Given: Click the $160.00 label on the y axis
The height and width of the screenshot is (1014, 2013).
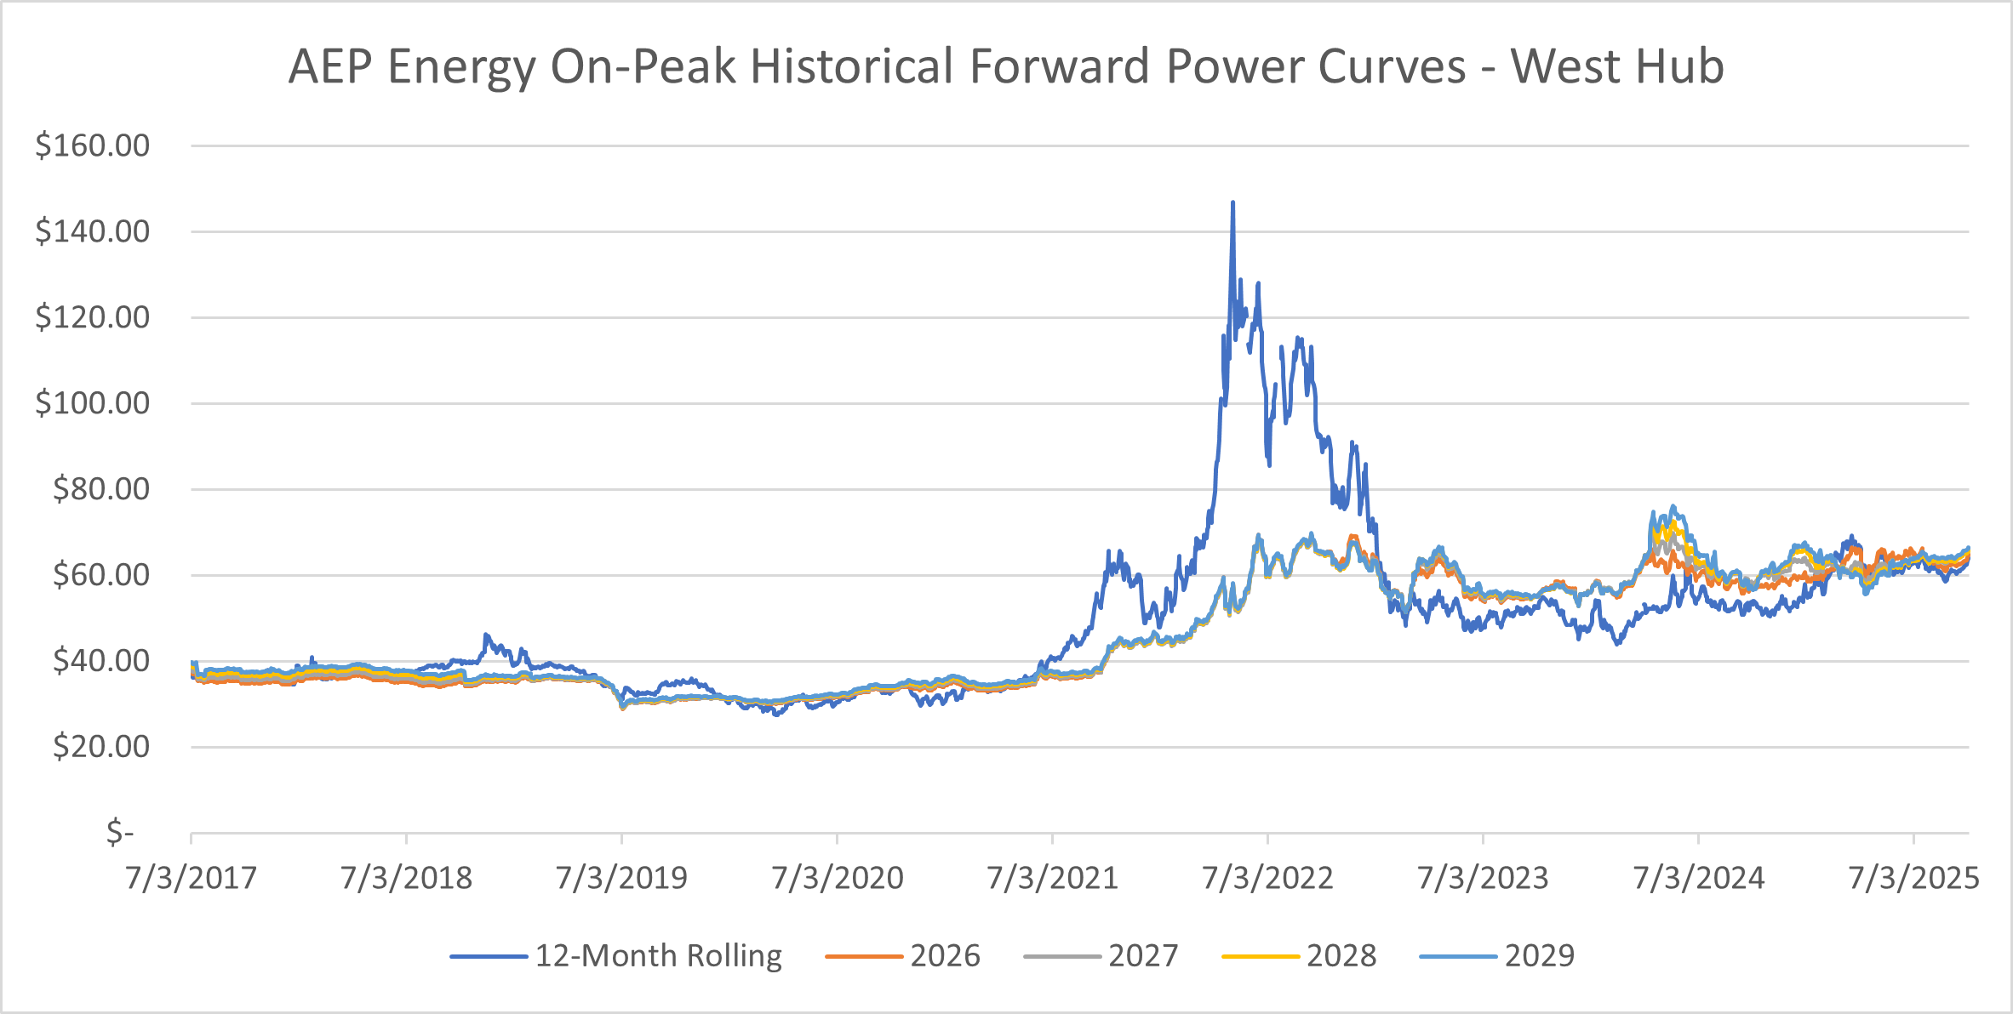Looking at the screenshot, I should [x=92, y=145].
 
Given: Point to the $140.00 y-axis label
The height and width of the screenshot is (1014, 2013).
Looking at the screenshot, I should [x=92, y=231].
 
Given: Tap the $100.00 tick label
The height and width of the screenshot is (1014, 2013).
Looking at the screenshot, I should [x=92, y=403].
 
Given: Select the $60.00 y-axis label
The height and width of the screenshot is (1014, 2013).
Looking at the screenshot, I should [x=100, y=575].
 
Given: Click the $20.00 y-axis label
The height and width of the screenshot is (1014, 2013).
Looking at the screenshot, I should [x=100, y=747].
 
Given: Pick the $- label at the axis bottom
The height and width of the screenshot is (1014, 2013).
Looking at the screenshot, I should [x=120, y=832].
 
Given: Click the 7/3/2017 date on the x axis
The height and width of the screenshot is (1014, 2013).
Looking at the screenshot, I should [x=191, y=878].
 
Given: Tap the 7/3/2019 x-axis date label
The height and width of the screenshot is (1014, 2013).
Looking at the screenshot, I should [x=621, y=878].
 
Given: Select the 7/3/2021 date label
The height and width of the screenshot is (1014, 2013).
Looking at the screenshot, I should [x=1052, y=878].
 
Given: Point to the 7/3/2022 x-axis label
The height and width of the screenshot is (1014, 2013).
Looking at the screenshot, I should [x=1267, y=878].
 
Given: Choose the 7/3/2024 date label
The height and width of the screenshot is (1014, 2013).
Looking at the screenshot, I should [x=1698, y=878].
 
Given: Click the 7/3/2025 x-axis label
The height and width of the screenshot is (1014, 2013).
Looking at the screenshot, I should [x=1913, y=878].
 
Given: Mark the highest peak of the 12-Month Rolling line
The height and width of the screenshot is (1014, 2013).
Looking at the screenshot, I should [x=1232, y=202].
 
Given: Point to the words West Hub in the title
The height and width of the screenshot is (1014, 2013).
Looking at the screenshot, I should [x=1617, y=66].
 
